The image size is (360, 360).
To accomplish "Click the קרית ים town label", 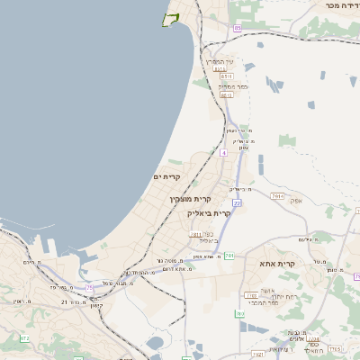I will [x=168, y=176].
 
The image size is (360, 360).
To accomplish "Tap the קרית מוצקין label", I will [x=191, y=198].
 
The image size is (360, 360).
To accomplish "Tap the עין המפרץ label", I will [x=220, y=61].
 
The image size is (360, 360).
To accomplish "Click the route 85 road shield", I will [x=237, y=28].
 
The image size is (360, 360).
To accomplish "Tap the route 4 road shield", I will [x=223, y=152].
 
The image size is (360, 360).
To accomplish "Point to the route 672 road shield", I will [x=24, y=337].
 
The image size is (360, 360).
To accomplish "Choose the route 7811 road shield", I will [x=277, y=195].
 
